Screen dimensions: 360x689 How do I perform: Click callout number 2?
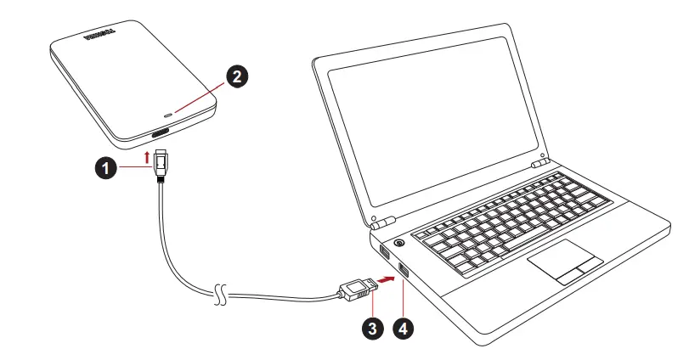tap(238, 76)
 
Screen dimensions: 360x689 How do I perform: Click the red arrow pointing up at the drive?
tap(150, 156)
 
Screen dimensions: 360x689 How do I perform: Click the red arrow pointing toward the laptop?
tap(387, 278)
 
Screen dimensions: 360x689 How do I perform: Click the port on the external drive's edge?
tap(161, 134)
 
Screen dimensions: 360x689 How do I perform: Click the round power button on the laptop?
tap(398, 244)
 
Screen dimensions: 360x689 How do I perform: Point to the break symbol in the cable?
tap(221, 294)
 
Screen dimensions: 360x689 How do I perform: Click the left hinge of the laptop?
tap(380, 222)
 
